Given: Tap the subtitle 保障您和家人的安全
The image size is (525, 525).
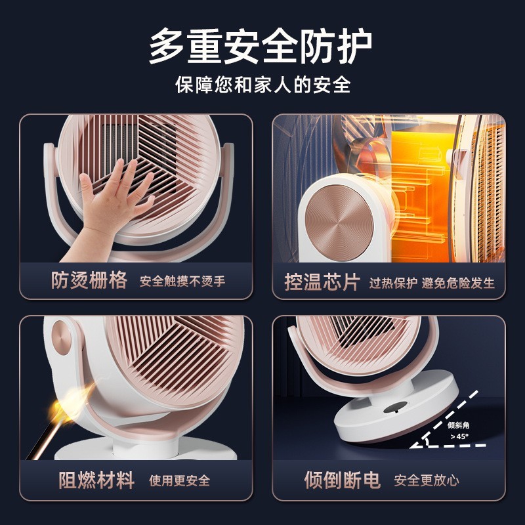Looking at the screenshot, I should (262, 86).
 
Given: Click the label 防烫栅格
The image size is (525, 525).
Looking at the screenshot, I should (89, 281).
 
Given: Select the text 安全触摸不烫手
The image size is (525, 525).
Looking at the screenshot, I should (182, 282).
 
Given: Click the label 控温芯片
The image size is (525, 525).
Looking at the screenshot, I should (322, 282).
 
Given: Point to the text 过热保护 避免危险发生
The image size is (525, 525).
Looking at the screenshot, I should (432, 283).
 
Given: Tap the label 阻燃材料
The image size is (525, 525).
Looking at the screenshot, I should (96, 480).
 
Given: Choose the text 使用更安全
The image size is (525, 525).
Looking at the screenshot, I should (180, 480).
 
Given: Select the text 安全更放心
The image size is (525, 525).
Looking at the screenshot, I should (427, 480).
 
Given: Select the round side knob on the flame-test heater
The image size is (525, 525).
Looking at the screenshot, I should (61, 337).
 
